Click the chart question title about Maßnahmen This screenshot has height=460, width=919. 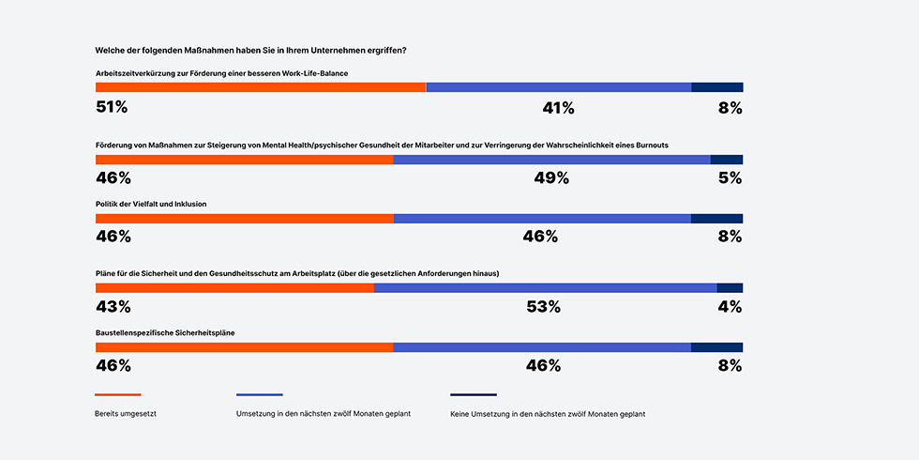click(x=257, y=50)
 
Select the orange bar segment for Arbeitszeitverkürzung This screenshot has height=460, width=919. click(x=261, y=87)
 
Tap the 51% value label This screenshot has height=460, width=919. click(x=112, y=107)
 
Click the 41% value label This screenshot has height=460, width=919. click(x=558, y=108)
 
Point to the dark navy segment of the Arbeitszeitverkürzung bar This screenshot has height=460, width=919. click(x=716, y=87)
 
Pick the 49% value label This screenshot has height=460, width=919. click(x=551, y=178)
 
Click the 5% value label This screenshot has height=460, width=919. click(x=730, y=178)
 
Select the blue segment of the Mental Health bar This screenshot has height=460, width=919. click(x=551, y=160)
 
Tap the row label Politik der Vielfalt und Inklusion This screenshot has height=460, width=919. click(x=151, y=204)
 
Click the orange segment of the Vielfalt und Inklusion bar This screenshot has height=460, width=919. click(x=244, y=219)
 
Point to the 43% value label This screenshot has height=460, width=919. click(x=113, y=307)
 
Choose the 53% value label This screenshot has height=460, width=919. click(x=543, y=307)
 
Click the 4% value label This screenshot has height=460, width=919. click(x=730, y=307)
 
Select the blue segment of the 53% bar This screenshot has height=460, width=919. click(x=545, y=288)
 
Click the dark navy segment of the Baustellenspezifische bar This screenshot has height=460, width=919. click(x=716, y=347)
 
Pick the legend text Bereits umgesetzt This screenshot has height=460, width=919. click(x=126, y=414)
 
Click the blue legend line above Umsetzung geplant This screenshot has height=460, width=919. click(x=260, y=394)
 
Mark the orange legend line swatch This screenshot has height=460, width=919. click(x=118, y=394)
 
